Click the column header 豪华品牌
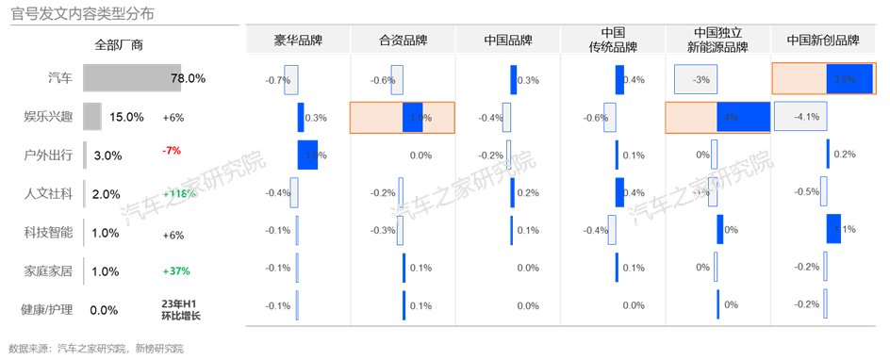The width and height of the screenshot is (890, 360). (x=298, y=41)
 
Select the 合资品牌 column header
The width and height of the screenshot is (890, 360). (x=403, y=41)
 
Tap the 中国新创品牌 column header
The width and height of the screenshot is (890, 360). (x=823, y=41)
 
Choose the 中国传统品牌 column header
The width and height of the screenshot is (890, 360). (x=613, y=40)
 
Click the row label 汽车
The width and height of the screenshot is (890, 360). (x=59, y=79)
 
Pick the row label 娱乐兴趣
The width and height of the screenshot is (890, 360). (x=48, y=117)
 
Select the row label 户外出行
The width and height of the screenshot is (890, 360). (x=48, y=155)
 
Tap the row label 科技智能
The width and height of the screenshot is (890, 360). (x=48, y=231)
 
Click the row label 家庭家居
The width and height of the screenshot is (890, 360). (x=48, y=270)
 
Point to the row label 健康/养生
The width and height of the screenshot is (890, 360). (x=47, y=307)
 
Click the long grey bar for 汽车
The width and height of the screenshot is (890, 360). (x=132, y=79)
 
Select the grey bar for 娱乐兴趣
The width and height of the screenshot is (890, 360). (x=91, y=117)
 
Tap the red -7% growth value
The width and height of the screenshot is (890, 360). (x=172, y=150)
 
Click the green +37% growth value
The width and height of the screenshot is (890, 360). (x=176, y=271)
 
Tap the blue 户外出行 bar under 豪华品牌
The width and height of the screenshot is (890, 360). (x=307, y=155)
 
